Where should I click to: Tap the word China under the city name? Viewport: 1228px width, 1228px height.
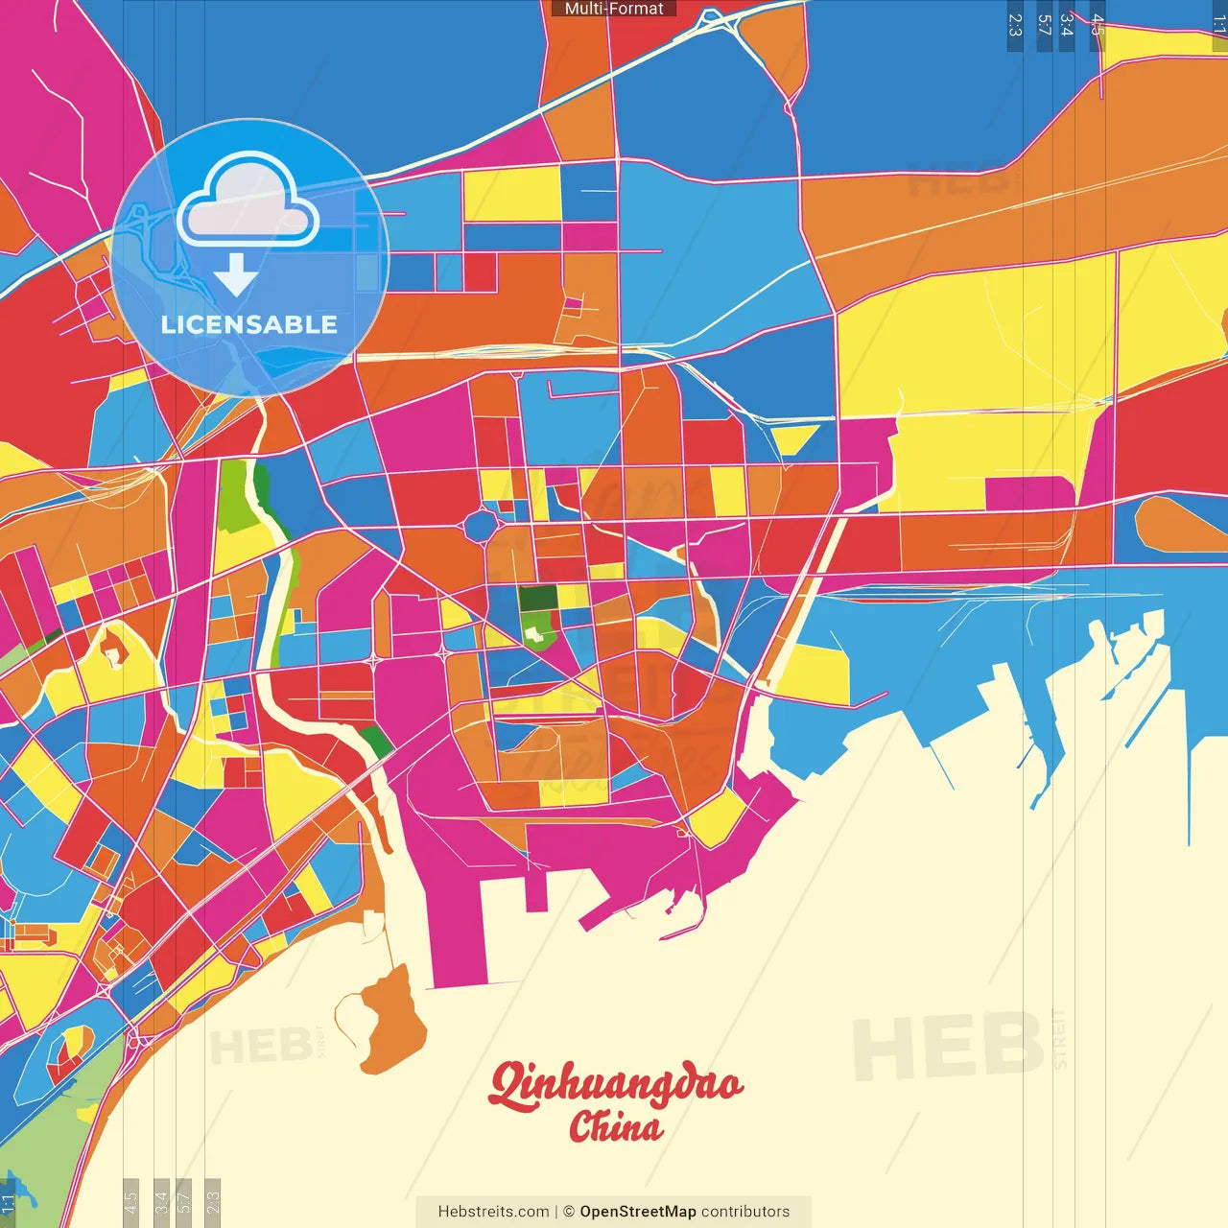(615, 1127)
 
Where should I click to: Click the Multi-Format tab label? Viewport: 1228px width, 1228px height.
(614, 9)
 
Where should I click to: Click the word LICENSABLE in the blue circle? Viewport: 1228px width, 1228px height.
(249, 325)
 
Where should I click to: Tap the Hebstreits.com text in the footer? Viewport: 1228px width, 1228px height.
(493, 1212)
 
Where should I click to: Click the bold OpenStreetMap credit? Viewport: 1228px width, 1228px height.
(637, 1212)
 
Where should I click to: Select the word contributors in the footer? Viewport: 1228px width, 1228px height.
(745, 1212)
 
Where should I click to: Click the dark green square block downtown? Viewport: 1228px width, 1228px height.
(537, 599)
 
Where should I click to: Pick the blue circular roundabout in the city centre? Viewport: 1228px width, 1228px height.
(480, 527)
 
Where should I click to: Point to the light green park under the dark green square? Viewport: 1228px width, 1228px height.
(539, 628)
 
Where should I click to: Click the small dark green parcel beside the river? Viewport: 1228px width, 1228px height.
(376, 742)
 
